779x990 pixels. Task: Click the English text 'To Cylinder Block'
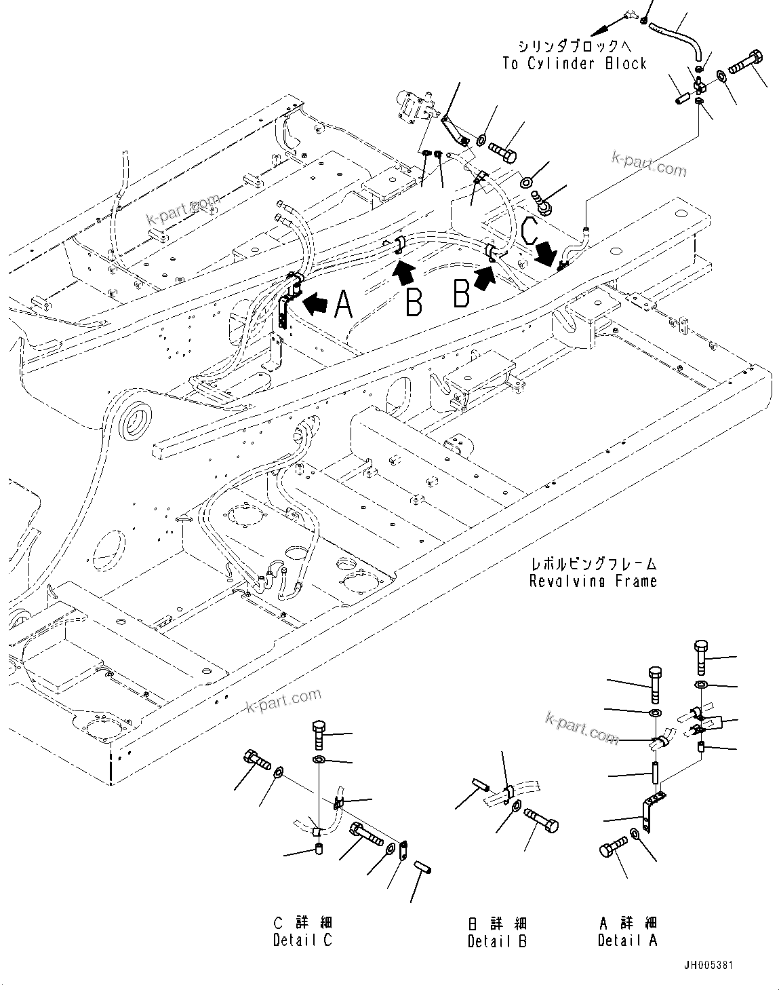coord(574,63)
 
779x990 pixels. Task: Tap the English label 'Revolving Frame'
coord(593,581)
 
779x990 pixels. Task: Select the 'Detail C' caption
coord(304,940)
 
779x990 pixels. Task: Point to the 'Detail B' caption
coord(497,941)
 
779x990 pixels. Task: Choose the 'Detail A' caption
coord(627,940)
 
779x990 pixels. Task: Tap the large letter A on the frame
coord(343,304)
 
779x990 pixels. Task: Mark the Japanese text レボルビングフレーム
coord(593,563)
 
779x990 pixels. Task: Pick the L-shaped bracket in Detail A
coord(648,812)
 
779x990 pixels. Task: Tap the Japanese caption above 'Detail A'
coord(627,923)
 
